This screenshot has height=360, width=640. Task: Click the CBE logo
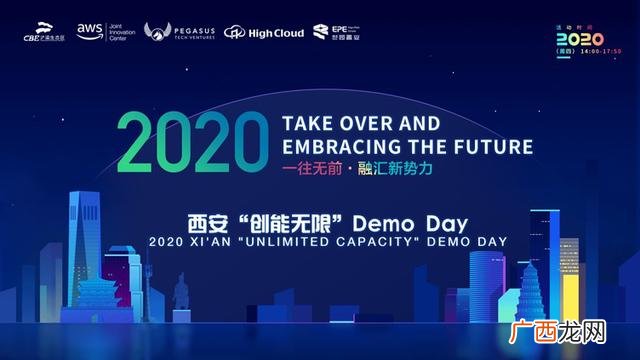pos(41,33)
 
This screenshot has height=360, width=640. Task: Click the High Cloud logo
pos(264,32)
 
